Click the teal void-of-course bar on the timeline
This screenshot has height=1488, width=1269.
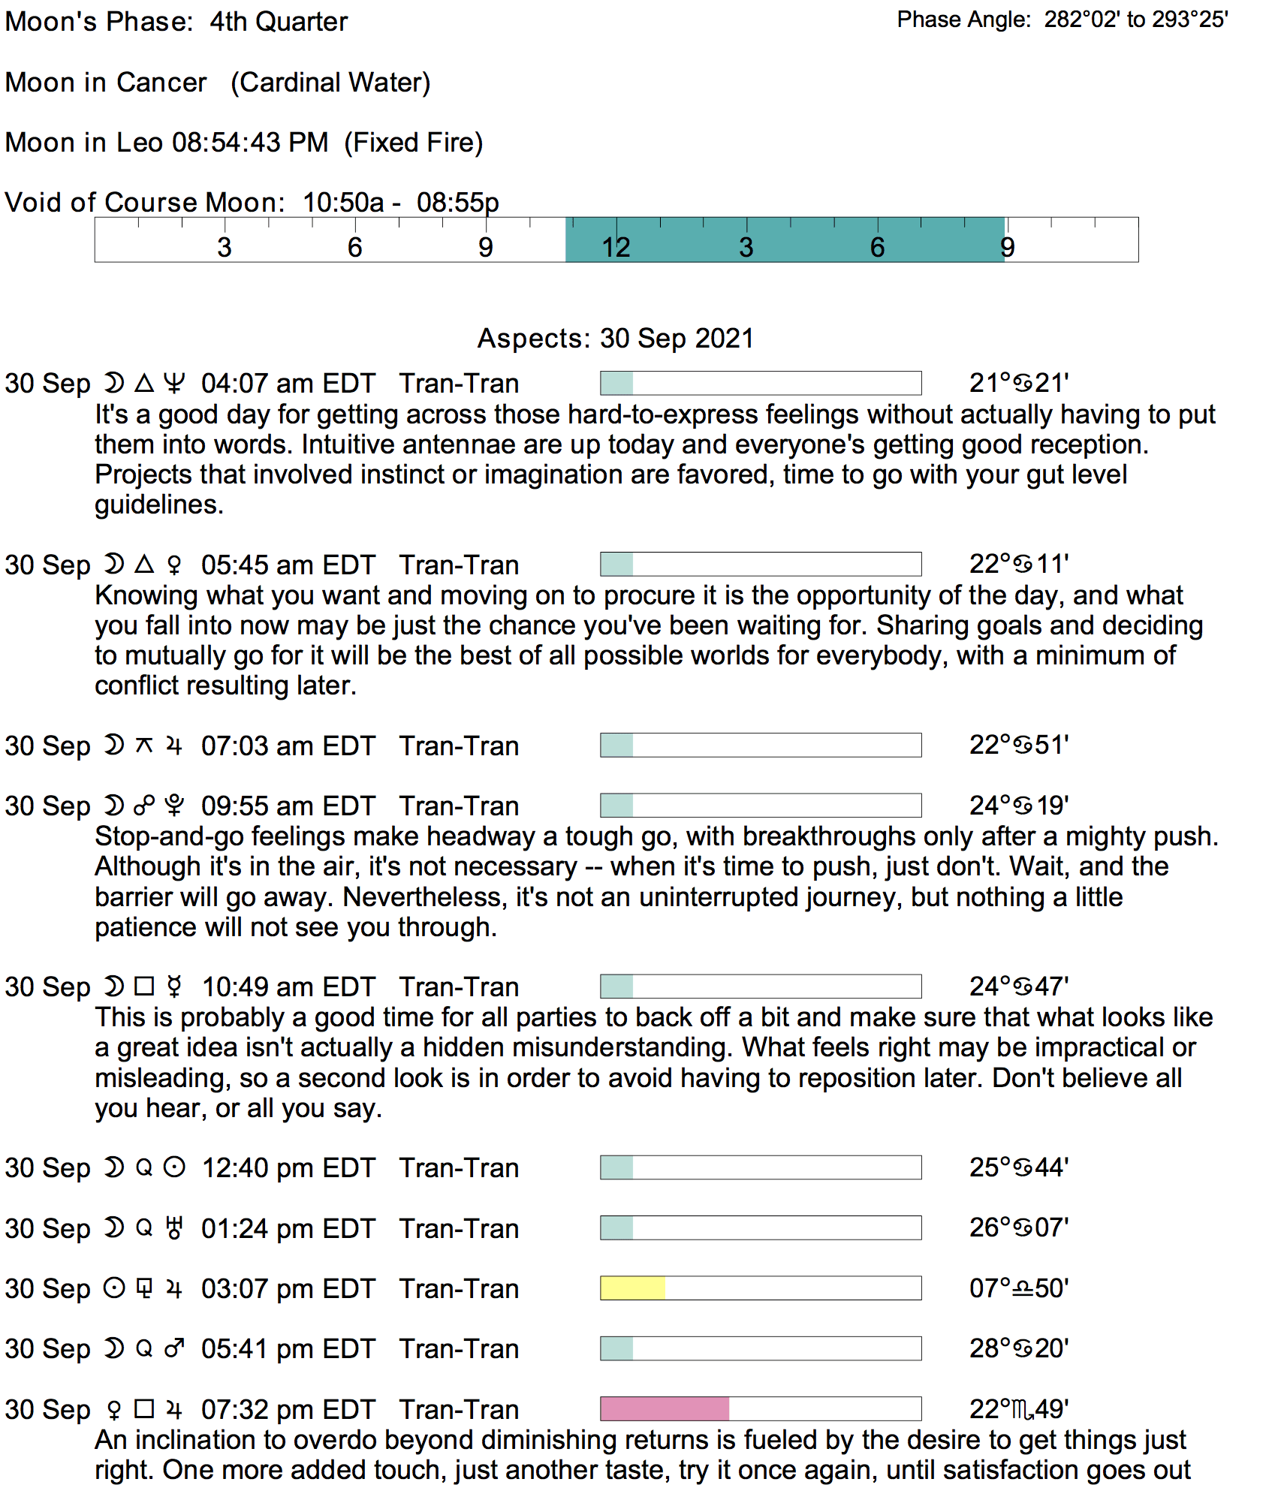(785, 239)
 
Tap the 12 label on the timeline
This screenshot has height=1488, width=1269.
(616, 247)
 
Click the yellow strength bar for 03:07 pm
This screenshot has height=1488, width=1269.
(632, 1288)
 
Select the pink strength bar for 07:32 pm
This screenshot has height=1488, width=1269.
(665, 1409)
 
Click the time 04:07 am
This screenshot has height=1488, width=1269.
(257, 384)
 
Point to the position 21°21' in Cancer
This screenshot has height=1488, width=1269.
(1019, 383)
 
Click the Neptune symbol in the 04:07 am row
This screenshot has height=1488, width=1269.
(174, 383)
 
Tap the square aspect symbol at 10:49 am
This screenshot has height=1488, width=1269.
(144, 986)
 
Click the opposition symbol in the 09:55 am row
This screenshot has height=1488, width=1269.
(144, 806)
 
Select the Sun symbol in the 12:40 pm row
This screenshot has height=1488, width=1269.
(174, 1167)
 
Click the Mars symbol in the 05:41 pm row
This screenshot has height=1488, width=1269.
(174, 1348)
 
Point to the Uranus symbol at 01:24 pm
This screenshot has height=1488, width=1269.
(174, 1228)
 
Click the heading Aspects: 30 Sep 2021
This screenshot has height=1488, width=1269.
(616, 339)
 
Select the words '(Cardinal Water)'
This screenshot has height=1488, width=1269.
(330, 83)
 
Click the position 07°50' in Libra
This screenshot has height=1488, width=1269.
(1019, 1288)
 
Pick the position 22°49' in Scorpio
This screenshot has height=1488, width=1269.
(1019, 1409)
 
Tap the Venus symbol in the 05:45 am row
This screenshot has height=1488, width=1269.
(174, 565)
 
